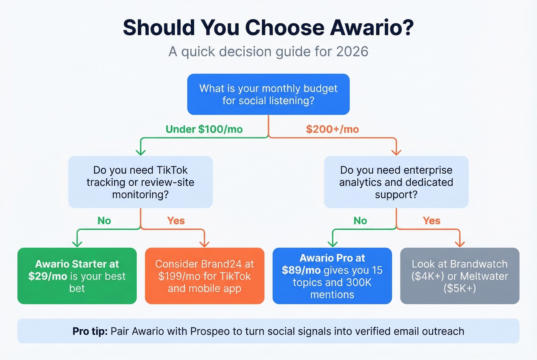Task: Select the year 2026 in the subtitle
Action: (x=352, y=51)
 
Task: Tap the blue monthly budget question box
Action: (x=268, y=94)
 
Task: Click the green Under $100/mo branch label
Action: (x=204, y=129)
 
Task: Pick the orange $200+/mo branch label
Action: (x=332, y=129)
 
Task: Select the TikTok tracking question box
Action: (x=140, y=182)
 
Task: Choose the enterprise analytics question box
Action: (x=396, y=182)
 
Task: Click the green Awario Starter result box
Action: (x=77, y=276)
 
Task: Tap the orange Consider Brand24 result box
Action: (x=204, y=276)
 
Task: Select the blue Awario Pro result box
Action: (x=332, y=276)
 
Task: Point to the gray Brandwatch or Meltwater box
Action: (x=460, y=276)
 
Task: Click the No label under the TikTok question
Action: (x=104, y=221)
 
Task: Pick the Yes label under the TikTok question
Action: (x=176, y=221)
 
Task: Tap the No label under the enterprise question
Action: (x=360, y=221)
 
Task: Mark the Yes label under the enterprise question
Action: (x=432, y=221)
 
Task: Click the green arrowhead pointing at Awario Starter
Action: (x=77, y=243)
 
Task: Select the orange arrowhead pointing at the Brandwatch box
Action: (x=460, y=243)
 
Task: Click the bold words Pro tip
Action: (x=90, y=331)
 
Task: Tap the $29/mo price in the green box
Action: (x=48, y=276)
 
